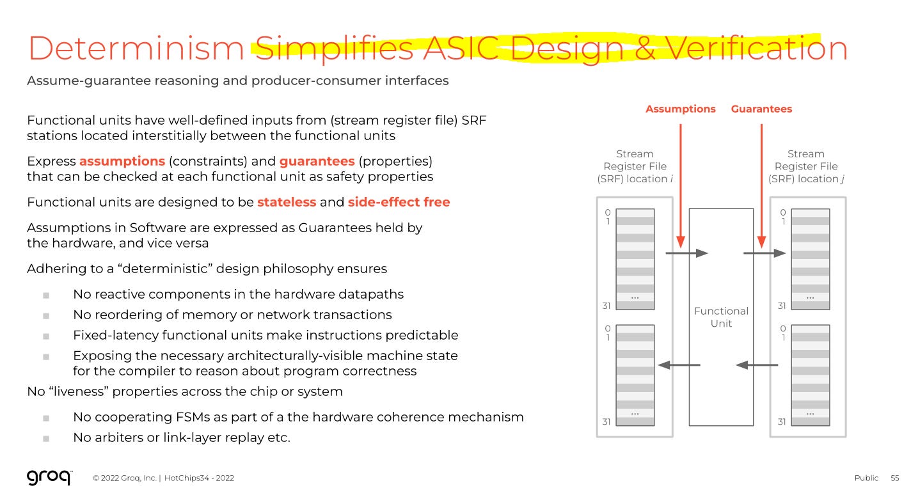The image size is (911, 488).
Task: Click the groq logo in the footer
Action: [49, 477]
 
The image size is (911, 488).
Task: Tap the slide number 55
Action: [894, 478]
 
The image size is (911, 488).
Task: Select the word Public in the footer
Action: [866, 478]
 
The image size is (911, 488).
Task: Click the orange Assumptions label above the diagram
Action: [680, 109]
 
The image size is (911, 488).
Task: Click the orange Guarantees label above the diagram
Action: [761, 109]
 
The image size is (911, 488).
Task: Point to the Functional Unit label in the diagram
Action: [721, 317]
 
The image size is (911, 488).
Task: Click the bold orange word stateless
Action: [287, 202]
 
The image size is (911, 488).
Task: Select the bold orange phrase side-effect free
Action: [399, 202]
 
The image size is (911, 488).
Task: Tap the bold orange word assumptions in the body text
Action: [122, 161]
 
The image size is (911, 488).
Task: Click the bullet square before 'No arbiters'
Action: [46, 439]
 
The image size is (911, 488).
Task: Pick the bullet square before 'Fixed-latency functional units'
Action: [46, 336]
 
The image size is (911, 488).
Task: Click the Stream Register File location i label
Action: [634, 166]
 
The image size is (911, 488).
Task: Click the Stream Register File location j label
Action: [805, 166]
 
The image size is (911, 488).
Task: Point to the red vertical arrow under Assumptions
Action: [680, 185]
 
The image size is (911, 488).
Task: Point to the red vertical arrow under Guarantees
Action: [761, 185]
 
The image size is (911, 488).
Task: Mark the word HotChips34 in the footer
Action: [186, 478]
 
